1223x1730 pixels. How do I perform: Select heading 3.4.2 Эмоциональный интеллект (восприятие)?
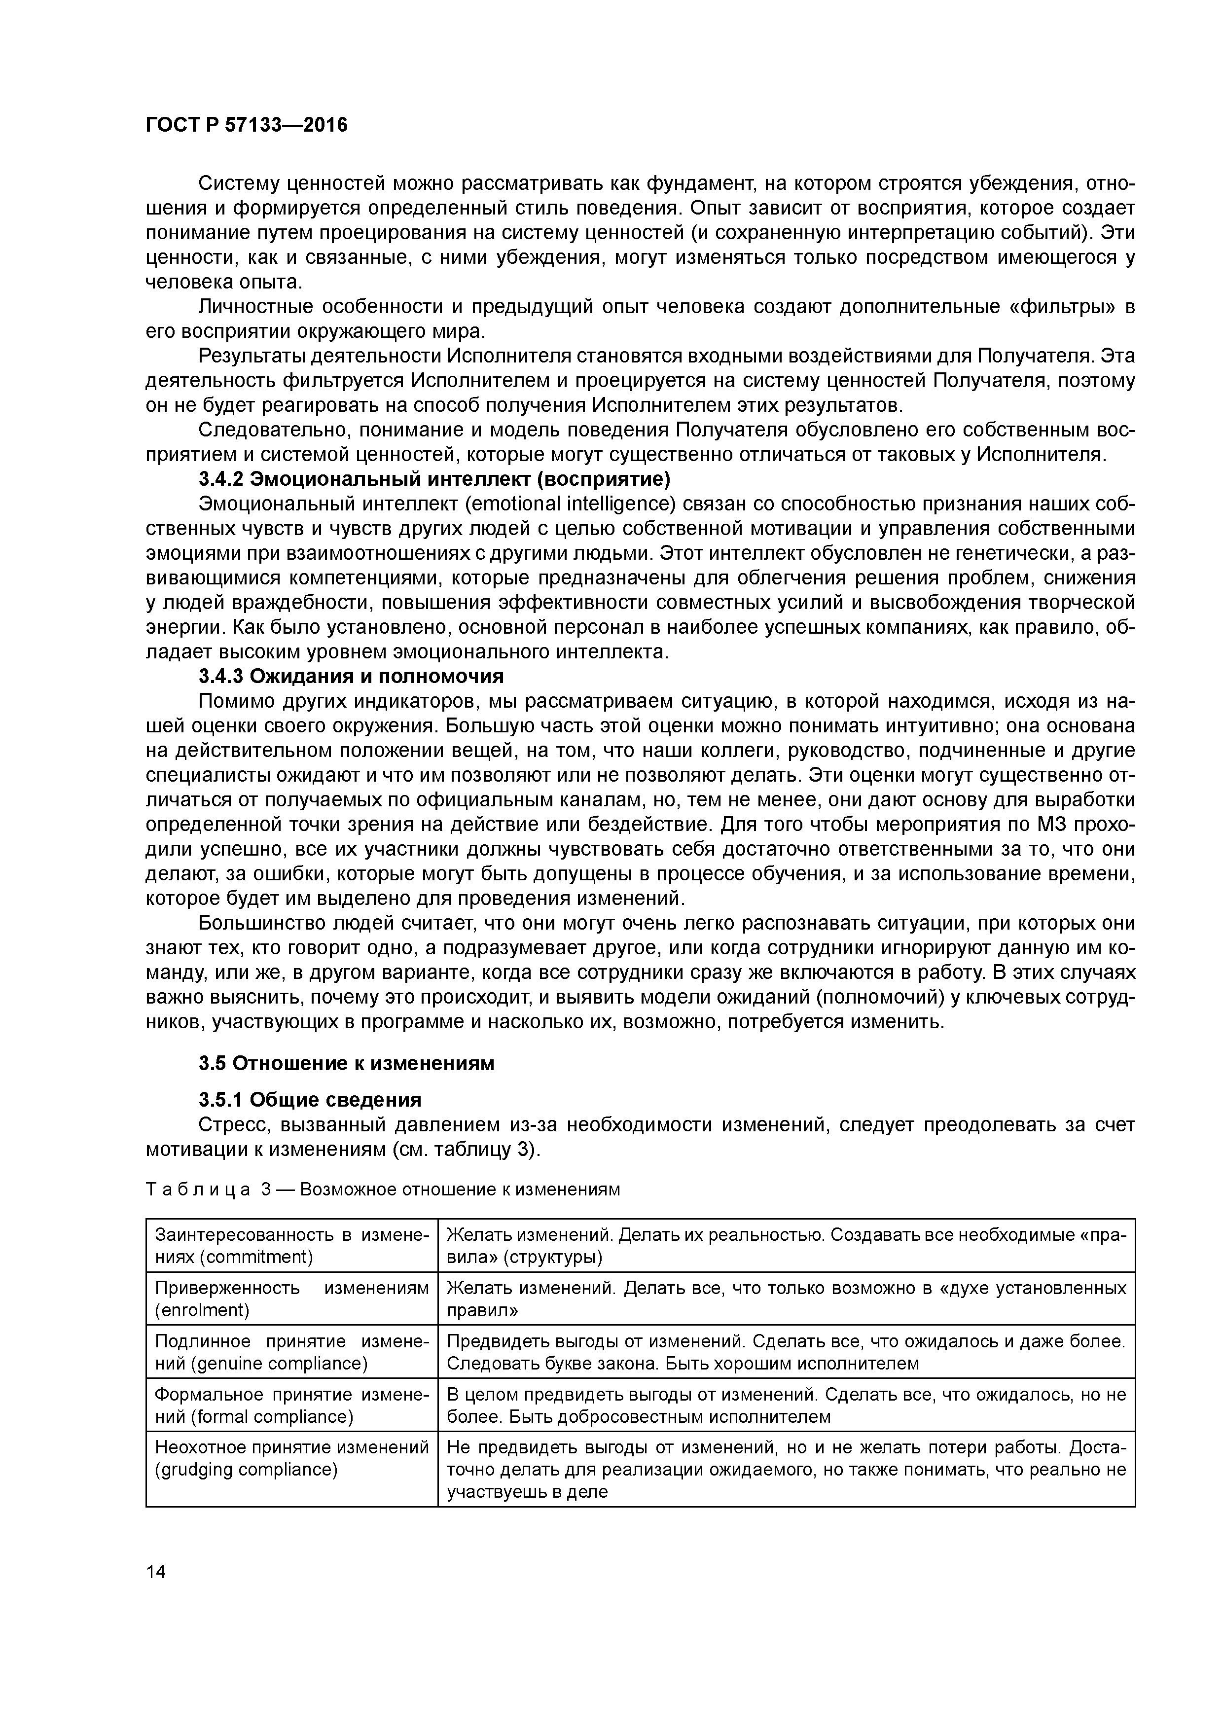pos(435,479)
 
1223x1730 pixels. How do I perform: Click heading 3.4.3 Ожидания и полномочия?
pos(351,676)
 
